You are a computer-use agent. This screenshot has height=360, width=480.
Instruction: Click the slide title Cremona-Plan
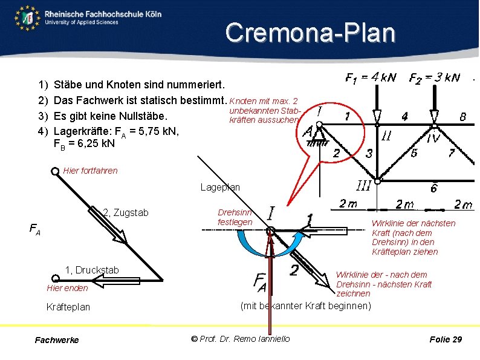310,33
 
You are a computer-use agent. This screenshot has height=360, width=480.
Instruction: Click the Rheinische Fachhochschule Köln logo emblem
27,18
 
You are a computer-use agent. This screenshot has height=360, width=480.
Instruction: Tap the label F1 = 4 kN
370,77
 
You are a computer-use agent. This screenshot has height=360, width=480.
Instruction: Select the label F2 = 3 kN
434,77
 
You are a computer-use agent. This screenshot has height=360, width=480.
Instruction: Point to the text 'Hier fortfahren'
90,171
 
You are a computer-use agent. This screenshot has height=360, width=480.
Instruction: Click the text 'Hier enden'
67,287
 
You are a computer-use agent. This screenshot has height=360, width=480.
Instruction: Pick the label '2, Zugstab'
126,212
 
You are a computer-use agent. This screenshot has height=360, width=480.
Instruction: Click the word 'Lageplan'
220,188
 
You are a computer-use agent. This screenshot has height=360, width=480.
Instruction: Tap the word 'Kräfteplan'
68,307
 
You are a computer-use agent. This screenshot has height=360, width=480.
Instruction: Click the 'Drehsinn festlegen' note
235,217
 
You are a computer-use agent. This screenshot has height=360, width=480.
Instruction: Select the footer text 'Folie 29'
446,339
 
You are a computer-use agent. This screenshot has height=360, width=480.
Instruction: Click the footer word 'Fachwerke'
57,340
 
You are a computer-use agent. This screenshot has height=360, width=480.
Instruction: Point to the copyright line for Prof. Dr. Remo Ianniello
240,339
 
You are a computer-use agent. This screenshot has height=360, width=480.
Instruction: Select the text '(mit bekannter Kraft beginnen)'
305,306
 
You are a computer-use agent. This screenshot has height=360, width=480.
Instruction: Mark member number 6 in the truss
433,188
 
